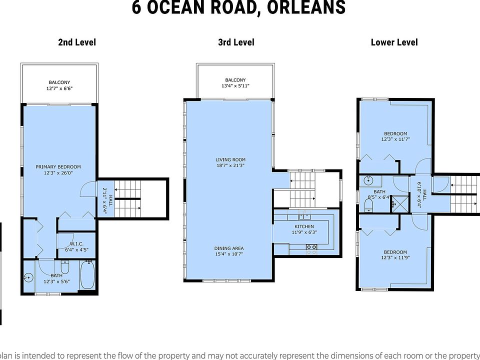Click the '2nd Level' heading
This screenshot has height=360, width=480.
77,42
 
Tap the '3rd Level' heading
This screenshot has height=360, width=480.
236,42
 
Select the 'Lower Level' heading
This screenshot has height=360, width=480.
394,42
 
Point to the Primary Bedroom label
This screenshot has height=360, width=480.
58,167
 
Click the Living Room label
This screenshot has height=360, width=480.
230,159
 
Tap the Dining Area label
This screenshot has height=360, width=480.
229,248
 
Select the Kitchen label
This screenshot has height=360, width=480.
304,226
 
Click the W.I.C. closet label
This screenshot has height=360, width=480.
76,243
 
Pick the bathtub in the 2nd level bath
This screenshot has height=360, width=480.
87,274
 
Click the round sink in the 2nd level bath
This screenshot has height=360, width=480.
28,278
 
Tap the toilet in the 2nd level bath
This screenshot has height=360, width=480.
64,267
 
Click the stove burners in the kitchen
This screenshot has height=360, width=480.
311,246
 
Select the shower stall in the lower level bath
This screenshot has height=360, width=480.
400,204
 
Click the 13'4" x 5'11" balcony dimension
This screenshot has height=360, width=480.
235,86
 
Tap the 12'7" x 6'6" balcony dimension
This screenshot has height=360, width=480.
59,88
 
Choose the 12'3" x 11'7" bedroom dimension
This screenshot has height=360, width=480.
395,139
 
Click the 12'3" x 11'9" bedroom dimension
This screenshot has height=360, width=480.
395,258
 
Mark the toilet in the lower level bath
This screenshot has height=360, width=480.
369,205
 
